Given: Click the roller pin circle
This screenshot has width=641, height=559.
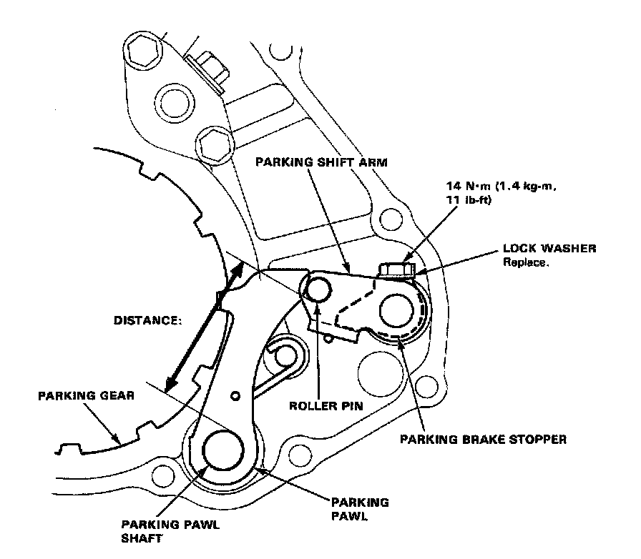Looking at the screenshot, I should click(x=317, y=288).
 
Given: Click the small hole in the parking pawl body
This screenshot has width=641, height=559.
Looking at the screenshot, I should click(x=235, y=395).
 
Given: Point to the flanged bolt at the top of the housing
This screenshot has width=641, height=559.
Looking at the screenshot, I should click(x=207, y=67).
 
